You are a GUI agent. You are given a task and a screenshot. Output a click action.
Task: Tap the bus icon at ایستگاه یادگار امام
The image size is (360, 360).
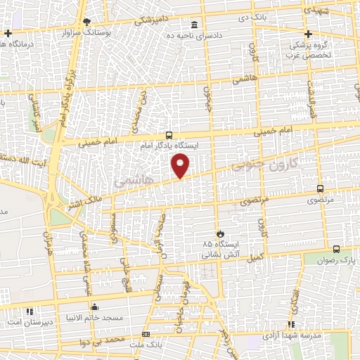pyautogui.click(x=169, y=134)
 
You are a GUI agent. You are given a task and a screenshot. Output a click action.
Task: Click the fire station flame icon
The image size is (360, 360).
pyautogui.click(x=219, y=233)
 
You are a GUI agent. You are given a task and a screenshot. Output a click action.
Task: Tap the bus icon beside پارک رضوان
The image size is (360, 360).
pyautogui.click(x=336, y=249)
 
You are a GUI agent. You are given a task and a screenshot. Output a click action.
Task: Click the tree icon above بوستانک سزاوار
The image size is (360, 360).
pyautogui.click(x=86, y=22)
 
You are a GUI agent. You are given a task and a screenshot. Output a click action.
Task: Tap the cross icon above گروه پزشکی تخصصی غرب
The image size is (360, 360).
pyautogui.click(x=307, y=34)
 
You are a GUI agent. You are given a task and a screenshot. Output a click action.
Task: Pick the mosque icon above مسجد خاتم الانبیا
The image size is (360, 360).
pyautogui.click(x=94, y=307)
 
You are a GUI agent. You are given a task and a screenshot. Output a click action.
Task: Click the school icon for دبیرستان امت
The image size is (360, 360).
pyautogui.click(x=29, y=311)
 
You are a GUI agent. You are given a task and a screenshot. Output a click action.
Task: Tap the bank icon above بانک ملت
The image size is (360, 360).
pyautogui.click(x=146, y=333)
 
